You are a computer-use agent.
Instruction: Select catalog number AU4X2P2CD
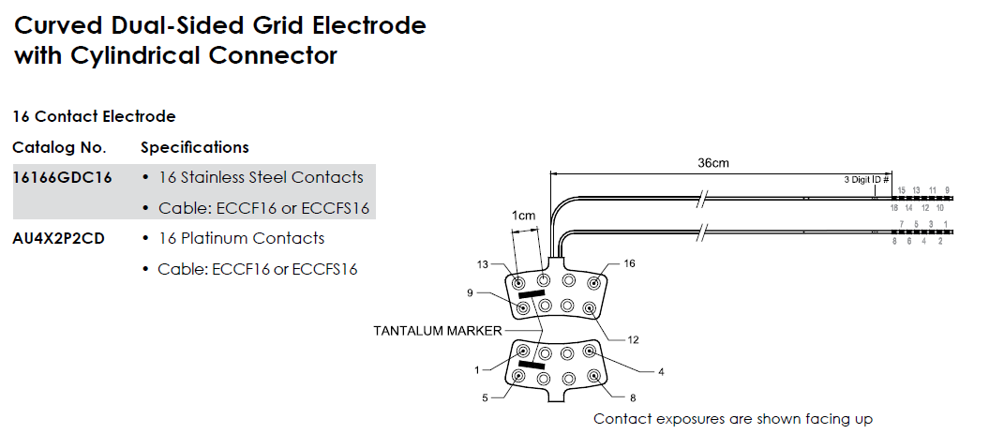point(58,238)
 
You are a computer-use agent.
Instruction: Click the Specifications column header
point(194,147)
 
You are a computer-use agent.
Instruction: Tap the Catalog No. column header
point(59,147)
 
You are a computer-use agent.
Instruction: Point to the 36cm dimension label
point(713,162)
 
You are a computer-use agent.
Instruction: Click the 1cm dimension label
point(523,216)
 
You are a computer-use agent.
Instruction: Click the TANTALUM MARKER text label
point(437,330)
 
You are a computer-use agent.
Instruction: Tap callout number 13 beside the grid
point(483,264)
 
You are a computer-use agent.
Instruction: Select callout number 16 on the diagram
point(629,264)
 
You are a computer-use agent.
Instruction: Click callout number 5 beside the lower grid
point(485,397)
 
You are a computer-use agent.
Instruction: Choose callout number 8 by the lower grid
point(633,397)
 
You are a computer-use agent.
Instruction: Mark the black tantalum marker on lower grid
point(532,365)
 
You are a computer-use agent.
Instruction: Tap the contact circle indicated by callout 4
point(590,352)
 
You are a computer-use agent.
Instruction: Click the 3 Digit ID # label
point(867,178)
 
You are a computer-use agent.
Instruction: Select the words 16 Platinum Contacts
point(241,238)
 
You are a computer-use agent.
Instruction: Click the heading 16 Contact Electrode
point(94,116)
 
